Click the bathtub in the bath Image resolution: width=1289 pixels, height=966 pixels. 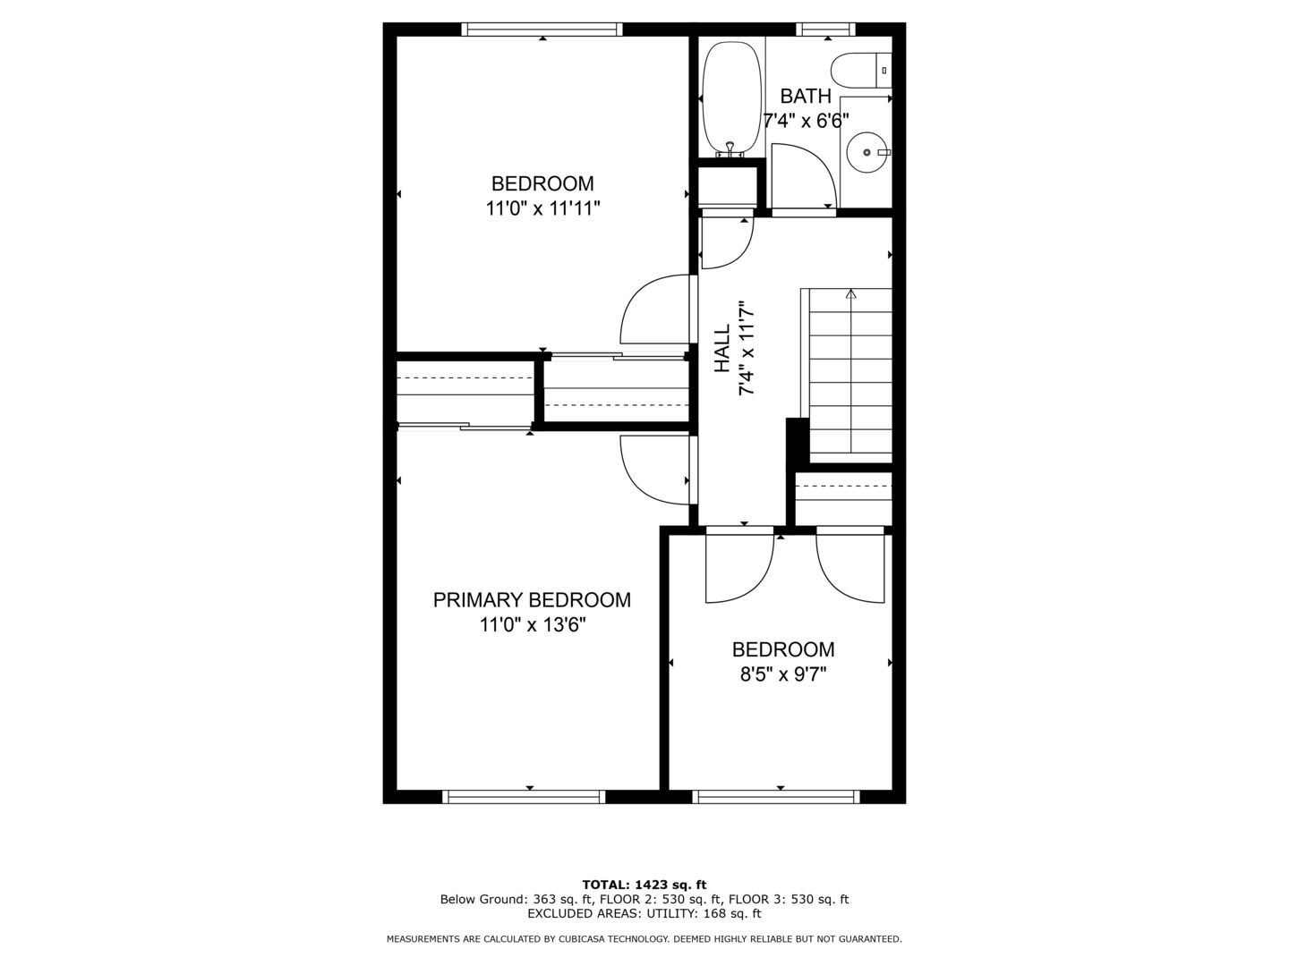pos(730,98)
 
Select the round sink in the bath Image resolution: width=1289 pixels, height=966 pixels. pos(866,153)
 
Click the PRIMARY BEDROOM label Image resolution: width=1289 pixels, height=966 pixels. pos(532,600)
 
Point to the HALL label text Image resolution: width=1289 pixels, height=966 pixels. pos(722,349)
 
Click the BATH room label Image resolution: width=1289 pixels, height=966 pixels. pos(806,97)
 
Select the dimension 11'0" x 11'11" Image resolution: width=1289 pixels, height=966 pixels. pos(542,208)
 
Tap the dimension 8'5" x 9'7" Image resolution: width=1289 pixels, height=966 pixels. pos(782,674)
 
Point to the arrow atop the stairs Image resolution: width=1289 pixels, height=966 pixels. pos(850,293)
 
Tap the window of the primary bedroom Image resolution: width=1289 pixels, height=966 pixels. pos(525,796)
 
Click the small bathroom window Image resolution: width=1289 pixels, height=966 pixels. pos(825,30)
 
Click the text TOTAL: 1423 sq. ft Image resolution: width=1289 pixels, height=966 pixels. pos(644,885)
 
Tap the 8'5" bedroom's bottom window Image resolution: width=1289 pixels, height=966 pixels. pos(776,796)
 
